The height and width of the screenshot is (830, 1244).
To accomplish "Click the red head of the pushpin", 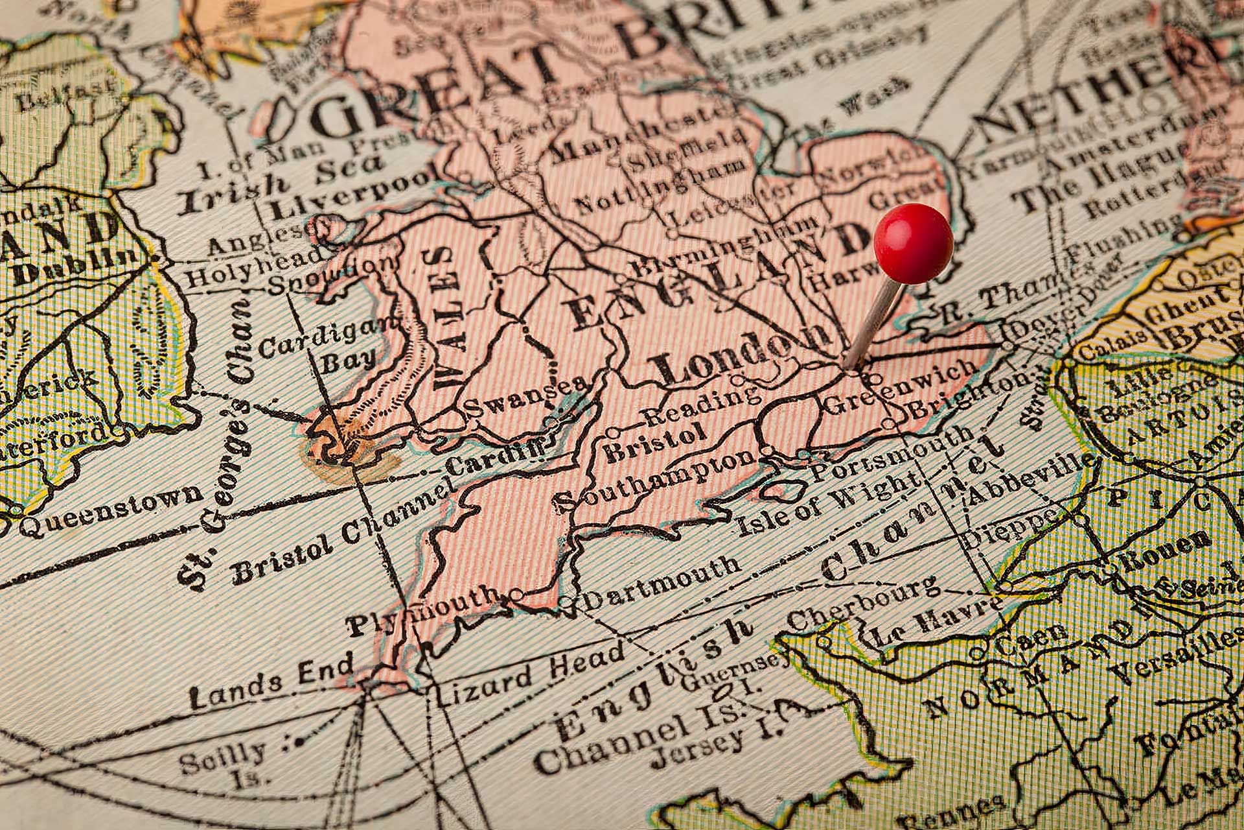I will [x=913, y=243].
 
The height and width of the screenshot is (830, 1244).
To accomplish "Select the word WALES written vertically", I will [x=447, y=318].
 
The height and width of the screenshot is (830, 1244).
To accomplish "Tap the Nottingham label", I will [x=661, y=185].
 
